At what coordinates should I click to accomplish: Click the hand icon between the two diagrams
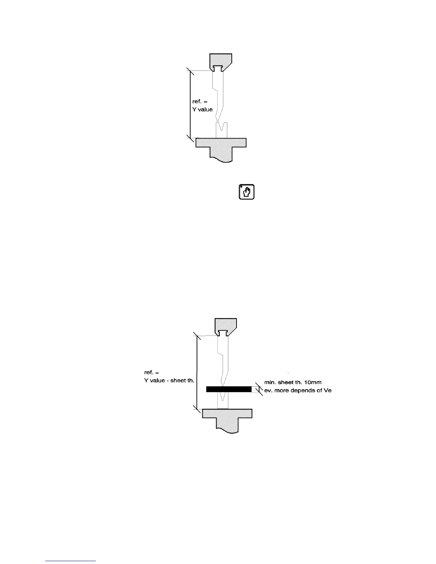coord(246,192)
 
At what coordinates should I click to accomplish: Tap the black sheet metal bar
coord(229,389)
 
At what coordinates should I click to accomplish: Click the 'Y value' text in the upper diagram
coord(202,109)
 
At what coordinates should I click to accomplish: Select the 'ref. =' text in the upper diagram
coord(200,102)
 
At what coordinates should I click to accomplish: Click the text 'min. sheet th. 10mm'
coord(293,382)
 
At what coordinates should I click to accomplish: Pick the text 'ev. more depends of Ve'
coord(298,390)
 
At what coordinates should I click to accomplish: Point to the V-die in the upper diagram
coord(222,130)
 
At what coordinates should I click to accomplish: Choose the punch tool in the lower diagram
coord(223,360)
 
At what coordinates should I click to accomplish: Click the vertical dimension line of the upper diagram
coord(190,103)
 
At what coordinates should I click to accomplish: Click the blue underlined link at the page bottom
coord(71,561)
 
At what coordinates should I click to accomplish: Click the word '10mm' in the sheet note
coord(314,382)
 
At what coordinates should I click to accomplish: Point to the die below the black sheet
coord(223,401)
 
